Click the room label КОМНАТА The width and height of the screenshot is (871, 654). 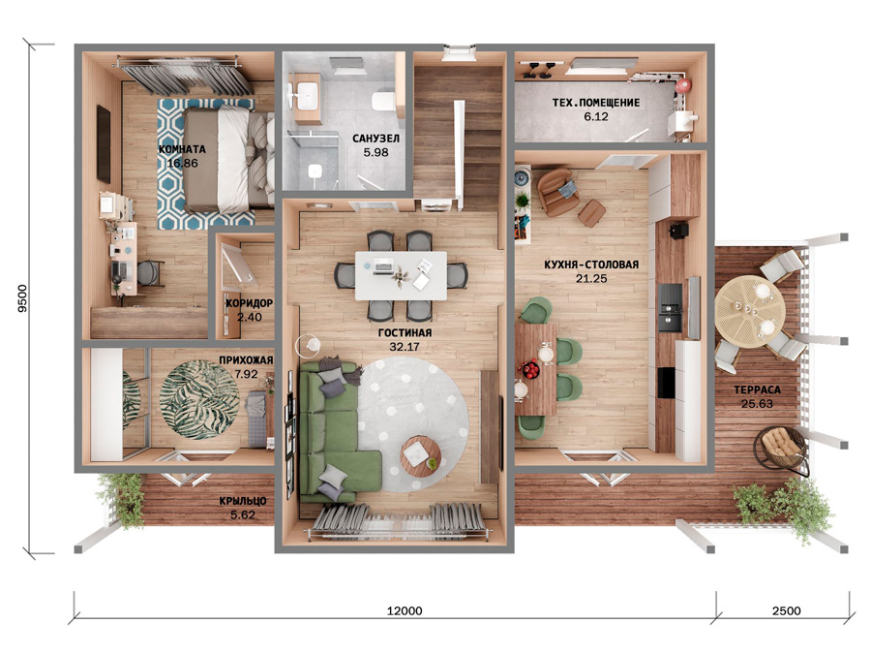(x=182, y=149)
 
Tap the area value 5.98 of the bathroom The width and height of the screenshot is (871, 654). (x=376, y=152)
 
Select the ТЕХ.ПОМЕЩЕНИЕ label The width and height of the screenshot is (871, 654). (x=596, y=103)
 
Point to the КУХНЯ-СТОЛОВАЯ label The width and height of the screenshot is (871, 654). (x=591, y=265)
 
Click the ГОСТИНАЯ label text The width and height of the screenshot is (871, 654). (x=405, y=333)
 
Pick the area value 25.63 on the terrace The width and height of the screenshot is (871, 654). (x=757, y=404)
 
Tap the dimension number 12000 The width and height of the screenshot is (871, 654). (x=405, y=610)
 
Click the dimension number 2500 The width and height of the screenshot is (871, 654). (x=787, y=610)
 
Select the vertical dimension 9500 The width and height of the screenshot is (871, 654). (x=22, y=298)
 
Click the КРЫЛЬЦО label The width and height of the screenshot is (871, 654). (x=243, y=501)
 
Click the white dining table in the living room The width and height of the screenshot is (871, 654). (x=401, y=275)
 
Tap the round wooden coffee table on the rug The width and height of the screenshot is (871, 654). (x=421, y=455)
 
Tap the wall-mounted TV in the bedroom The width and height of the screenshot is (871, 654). (x=104, y=144)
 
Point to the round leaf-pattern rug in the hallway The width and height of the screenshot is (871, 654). (x=199, y=399)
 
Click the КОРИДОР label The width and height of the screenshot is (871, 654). (x=249, y=303)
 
